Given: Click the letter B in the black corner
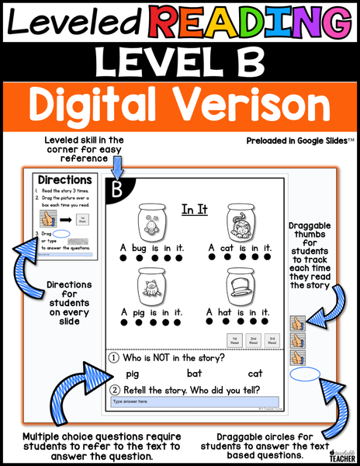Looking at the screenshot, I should pyautogui.click(x=118, y=190).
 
